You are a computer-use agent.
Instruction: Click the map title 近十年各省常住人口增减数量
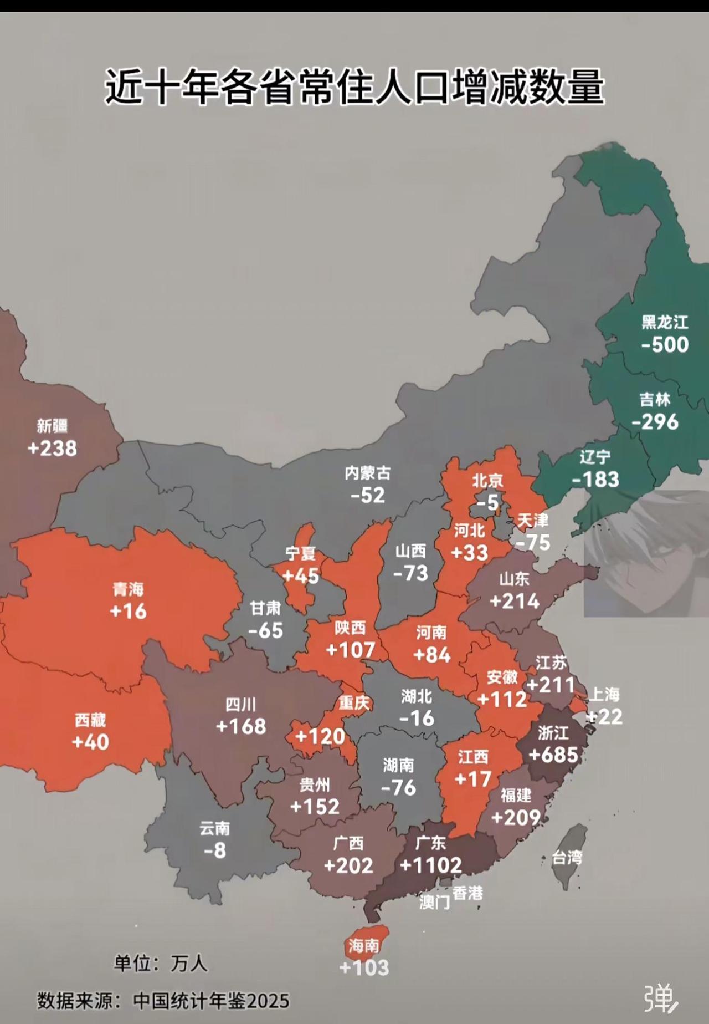point(354,87)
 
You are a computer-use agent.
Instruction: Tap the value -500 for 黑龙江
point(665,345)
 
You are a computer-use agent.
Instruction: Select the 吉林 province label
point(655,399)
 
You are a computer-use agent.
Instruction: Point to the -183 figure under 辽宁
point(595,480)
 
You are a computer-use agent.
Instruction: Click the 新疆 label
point(52,426)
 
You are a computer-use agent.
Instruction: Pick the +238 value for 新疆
point(52,449)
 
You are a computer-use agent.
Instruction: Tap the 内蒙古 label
point(367,473)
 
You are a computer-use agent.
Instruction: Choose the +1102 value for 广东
point(430,865)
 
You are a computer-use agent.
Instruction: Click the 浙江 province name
point(553,733)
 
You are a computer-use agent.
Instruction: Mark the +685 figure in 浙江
point(553,755)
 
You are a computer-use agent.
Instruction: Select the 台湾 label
point(567,858)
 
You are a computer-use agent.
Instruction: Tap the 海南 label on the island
point(364,946)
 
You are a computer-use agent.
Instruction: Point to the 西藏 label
point(90,720)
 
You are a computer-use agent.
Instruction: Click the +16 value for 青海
point(128,612)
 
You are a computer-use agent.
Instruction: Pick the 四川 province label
point(241,705)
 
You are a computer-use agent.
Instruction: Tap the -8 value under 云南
point(214,850)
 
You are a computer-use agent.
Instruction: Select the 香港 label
point(467,893)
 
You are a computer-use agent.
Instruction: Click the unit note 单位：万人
point(161,964)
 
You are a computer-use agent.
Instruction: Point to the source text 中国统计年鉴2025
point(211,1001)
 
